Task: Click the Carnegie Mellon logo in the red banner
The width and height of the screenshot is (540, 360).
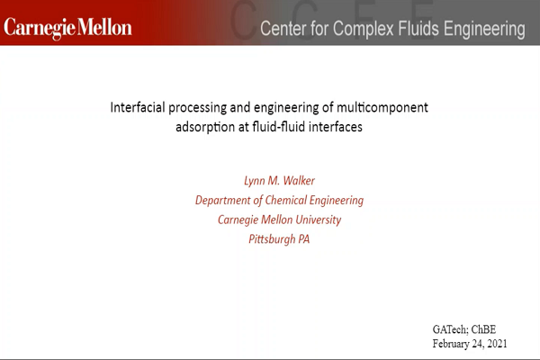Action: click(67, 28)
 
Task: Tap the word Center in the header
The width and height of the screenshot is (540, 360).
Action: click(283, 28)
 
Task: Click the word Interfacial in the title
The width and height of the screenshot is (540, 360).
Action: click(138, 107)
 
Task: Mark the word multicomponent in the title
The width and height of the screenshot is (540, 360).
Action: click(382, 108)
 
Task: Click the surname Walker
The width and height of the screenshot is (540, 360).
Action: click(300, 181)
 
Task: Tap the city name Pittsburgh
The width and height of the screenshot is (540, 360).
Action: click(272, 239)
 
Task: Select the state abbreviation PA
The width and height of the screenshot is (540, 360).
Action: click(304, 239)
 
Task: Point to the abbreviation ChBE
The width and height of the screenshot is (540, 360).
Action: click(483, 329)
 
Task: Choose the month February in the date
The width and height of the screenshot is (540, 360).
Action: click(449, 344)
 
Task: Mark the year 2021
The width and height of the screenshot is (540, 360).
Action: click(498, 344)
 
